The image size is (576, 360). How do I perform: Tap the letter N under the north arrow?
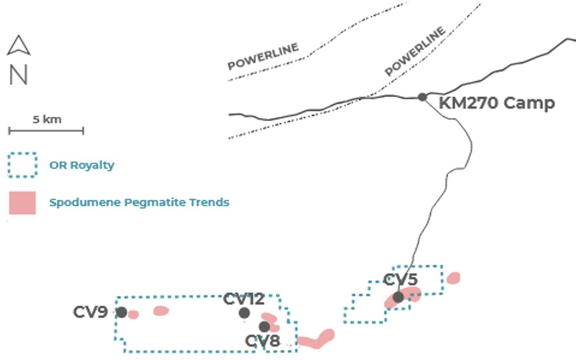click(x=18, y=75)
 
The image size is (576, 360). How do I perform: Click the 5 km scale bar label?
click(x=47, y=119)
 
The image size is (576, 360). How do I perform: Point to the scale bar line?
click(x=46, y=131)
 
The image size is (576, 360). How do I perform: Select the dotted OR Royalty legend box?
click(x=22, y=165)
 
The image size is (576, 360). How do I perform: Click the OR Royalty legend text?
click(x=82, y=165)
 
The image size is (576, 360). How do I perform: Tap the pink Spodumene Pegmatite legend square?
click(x=22, y=203)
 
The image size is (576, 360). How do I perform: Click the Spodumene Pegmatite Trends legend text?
click(x=139, y=202)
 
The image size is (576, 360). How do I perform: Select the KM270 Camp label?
click(x=497, y=103)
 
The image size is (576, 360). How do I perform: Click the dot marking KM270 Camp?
click(x=422, y=97)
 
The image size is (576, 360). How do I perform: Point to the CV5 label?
click(x=400, y=279)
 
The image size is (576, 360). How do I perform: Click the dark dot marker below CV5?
click(x=398, y=297)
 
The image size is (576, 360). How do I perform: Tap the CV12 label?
click(x=244, y=299)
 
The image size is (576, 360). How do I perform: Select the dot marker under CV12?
click(x=244, y=313)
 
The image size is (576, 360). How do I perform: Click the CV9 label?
click(x=90, y=312)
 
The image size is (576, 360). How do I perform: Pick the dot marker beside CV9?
click(x=121, y=312)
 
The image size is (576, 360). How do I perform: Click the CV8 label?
click(x=262, y=341)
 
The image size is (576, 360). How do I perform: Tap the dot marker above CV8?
click(x=264, y=326)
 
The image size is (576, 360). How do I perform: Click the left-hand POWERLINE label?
click(x=263, y=56)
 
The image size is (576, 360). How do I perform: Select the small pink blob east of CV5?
click(x=453, y=278)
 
